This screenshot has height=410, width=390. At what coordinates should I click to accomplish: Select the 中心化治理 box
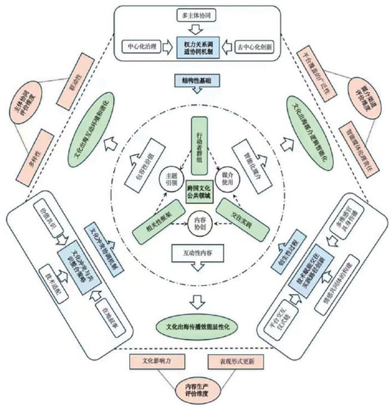[x=142, y=46]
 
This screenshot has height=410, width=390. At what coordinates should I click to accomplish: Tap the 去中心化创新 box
[x=251, y=46]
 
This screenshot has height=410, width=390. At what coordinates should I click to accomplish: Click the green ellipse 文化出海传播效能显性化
[x=196, y=326]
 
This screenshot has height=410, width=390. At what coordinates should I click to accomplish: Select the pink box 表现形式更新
[x=234, y=361]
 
